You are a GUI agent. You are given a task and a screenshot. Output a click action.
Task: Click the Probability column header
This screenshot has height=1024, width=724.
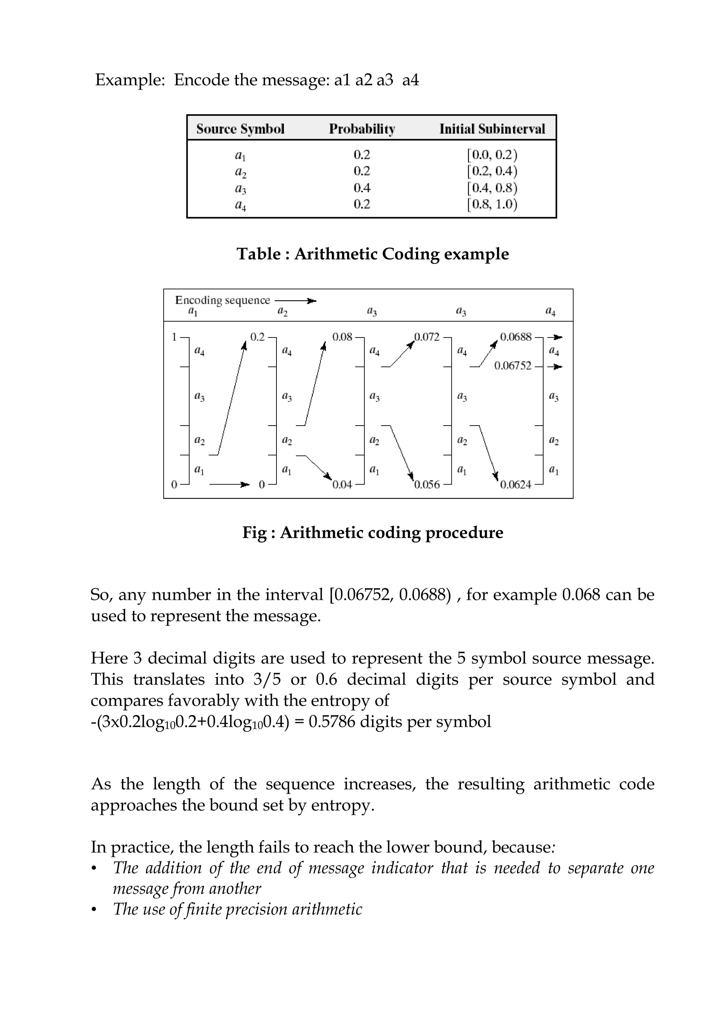pyautogui.click(x=362, y=129)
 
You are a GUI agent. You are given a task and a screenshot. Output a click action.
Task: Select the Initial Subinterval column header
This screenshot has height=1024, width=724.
pyautogui.click(x=492, y=129)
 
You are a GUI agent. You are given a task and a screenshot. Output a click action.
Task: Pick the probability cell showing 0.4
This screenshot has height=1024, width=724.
pyautogui.click(x=362, y=188)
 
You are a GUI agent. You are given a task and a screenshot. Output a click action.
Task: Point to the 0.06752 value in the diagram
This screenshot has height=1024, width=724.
pyautogui.click(x=513, y=366)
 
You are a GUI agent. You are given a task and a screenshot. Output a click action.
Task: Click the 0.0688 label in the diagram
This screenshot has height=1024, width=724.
pyautogui.click(x=516, y=337)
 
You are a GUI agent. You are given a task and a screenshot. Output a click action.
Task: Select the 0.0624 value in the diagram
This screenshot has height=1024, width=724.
pyautogui.click(x=516, y=485)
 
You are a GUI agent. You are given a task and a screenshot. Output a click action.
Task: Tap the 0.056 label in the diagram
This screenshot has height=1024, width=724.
pyautogui.click(x=427, y=485)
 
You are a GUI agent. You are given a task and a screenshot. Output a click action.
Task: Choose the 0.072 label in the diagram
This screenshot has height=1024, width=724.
pyautogui.click(x=427, y=337)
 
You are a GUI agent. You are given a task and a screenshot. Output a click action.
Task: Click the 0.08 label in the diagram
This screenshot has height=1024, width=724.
pyautogui.click(x=342, y=337)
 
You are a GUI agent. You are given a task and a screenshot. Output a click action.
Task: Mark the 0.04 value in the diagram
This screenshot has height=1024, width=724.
pyautogui.click(x=342, y=485)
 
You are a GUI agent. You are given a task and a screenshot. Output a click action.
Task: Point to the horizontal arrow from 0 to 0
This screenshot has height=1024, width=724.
pyautogui.click(x=229, y=484)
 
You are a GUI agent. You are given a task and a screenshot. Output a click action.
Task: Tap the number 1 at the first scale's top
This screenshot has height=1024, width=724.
pyautogui.click(x=174, y=337)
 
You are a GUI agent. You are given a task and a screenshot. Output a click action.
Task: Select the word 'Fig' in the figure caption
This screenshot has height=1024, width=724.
pyautogui.click(x=254, y=533)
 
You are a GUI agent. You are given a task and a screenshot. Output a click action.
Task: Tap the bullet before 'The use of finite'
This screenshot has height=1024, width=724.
pyautogui.click(x=94, y=909)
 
